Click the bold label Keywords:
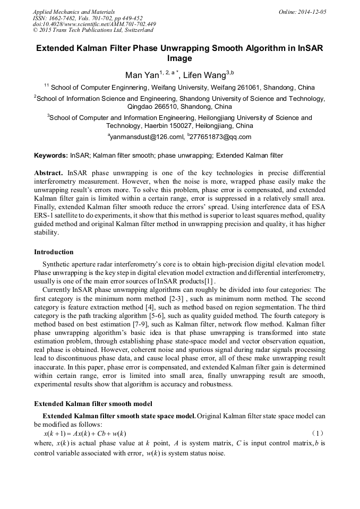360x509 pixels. tap(51, 156)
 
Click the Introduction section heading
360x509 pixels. tap(54, 252)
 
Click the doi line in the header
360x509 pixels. tap(94, 24)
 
